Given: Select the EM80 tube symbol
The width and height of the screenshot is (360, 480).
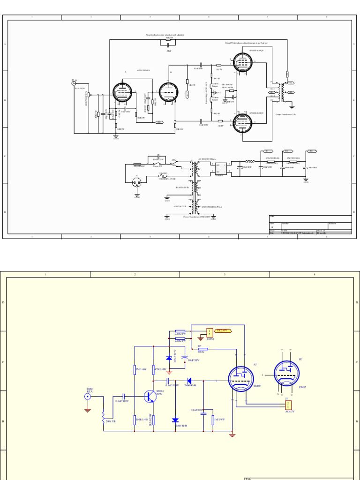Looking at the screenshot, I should click(241, 378).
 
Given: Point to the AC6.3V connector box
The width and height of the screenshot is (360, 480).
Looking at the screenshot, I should click(289, 405).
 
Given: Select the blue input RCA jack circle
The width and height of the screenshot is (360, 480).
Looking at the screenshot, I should click(87, 397).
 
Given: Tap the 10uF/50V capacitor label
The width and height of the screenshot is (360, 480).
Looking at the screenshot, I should click(193, 360).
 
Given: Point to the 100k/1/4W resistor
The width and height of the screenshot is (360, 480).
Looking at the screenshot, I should click(135, 419).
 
